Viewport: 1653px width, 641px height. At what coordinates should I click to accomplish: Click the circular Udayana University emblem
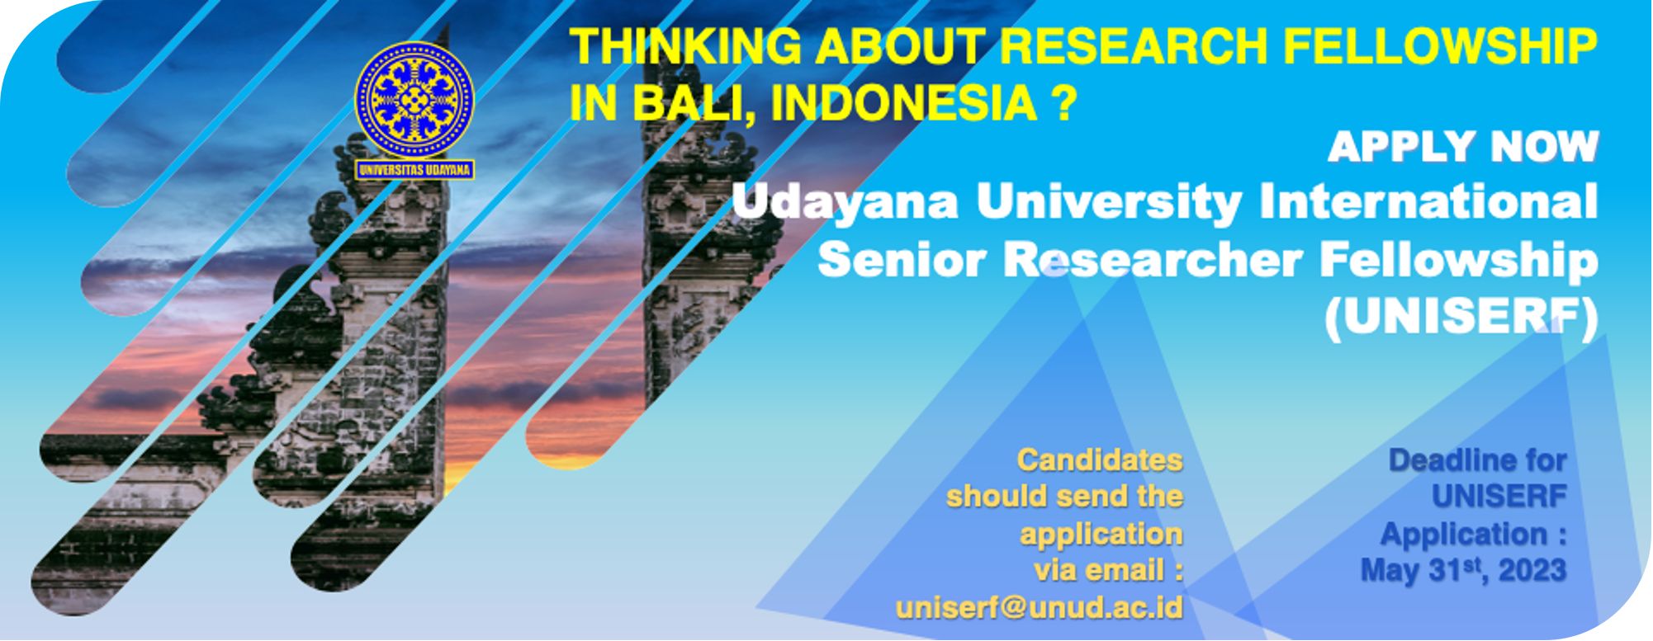point(414,101)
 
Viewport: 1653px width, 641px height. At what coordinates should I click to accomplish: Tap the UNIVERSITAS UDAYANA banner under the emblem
point(414,170)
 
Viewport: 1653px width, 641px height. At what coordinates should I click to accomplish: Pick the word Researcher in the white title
point(1153,259)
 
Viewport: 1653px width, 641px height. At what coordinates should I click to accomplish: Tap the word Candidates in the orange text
point(1100,460)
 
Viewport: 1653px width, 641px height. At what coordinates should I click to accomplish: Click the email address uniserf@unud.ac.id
point(1040,607)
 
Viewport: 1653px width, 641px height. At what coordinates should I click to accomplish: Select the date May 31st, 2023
point(1464,570)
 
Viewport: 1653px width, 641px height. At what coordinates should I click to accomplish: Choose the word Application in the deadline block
point(1464,534)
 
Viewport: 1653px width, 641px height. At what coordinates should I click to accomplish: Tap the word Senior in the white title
point(904,259)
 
